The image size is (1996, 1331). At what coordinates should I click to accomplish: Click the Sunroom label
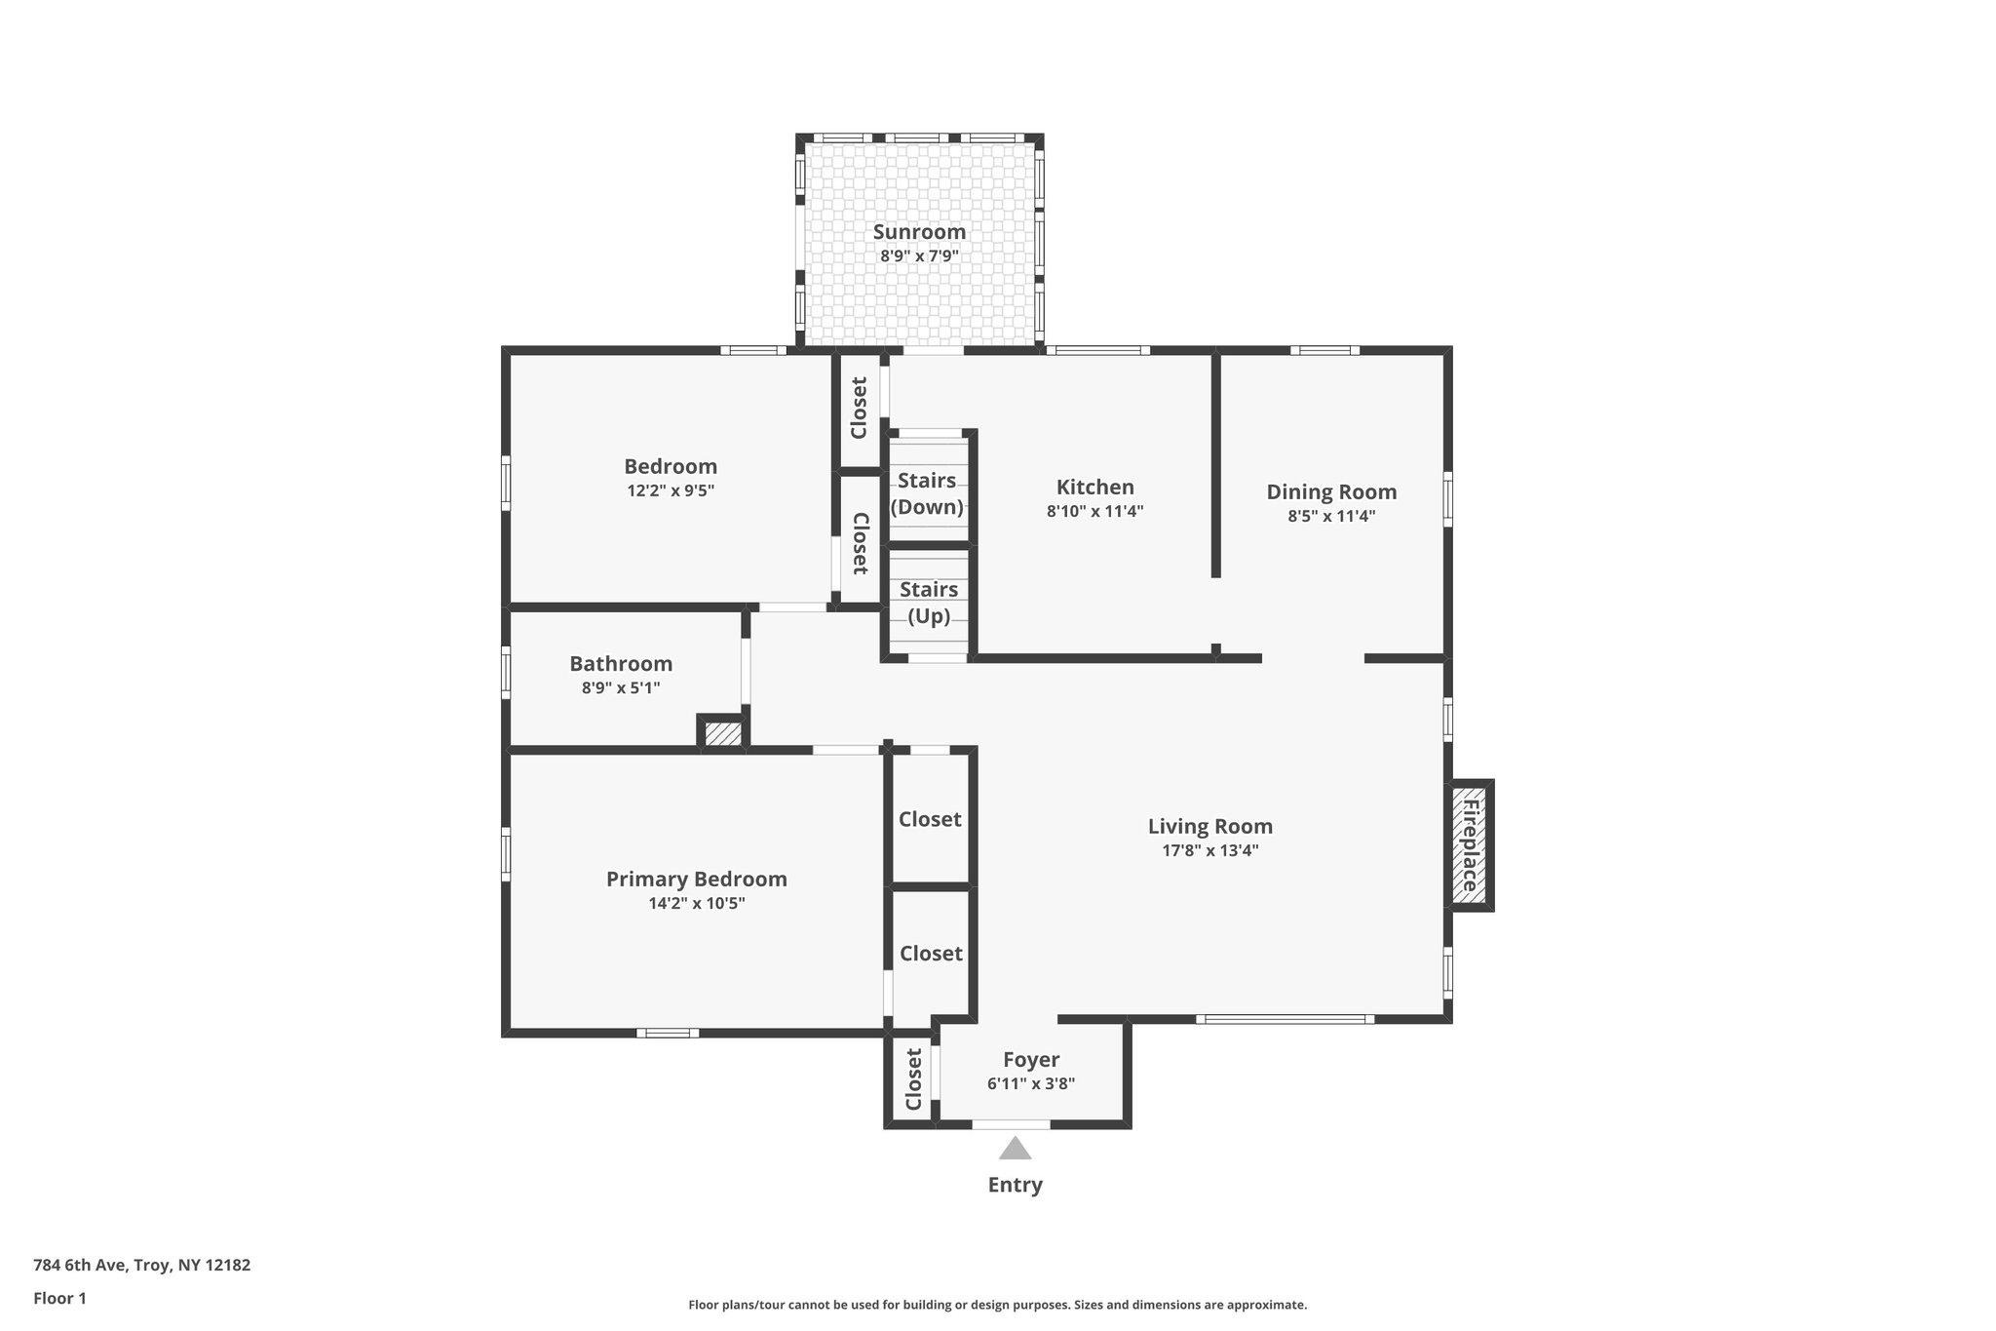click(919, 232)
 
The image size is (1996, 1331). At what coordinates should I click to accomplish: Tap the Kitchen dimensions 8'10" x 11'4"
click(1094, 511)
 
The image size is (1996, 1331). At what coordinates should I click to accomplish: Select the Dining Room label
click(1331, 491)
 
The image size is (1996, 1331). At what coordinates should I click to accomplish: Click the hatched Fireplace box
click(1469, 845)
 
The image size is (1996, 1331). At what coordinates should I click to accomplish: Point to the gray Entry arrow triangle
click(1015, 1149)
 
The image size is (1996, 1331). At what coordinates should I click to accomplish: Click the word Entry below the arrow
click(1015, 1185)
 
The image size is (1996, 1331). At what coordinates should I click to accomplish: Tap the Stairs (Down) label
click(927, 493)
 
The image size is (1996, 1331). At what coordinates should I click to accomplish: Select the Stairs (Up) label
click(929, 603)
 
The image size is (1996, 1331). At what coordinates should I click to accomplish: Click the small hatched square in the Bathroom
click(723, 733)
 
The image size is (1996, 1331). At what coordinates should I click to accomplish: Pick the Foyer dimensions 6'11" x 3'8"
click(1030, 1083)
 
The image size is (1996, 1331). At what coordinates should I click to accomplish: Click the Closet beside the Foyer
click(913, 1079)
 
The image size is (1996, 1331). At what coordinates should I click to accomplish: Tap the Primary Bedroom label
click(696, 880)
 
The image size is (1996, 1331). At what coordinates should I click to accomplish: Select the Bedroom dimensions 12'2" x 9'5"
click(671, 491)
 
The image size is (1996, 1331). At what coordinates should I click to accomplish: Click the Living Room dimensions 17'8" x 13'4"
click(1209, 850)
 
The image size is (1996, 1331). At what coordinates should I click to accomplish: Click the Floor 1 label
click(59, 1298)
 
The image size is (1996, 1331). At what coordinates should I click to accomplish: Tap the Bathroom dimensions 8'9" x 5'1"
click(621, 688)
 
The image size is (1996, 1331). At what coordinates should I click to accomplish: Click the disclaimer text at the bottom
click(997, 1305)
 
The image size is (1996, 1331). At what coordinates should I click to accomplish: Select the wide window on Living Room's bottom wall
click(1285, 1019)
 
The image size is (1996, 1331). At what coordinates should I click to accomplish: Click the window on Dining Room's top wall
click(1324, 350)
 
